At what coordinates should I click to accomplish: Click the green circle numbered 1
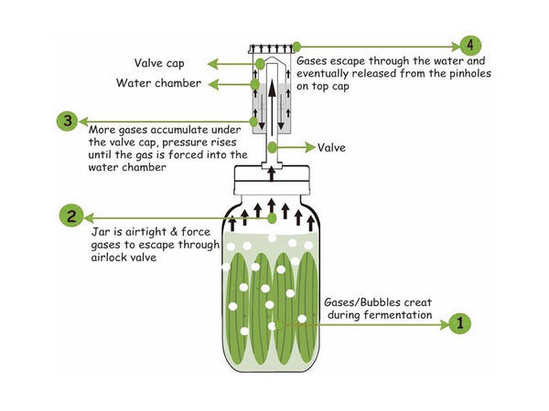pyautogui.click(x=460, y=322)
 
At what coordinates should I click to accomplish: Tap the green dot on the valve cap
pyautogui.click(x=260, y=63)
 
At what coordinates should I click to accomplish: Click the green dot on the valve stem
pyautogui.click(x=272, y=147)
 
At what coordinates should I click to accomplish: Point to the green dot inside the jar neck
pyautogui.click(x=272, y=217)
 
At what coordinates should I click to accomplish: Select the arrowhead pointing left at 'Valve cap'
pyautogui.click(x=210, y=63)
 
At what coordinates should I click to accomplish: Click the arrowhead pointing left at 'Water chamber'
pyautogui.click(x=210, y=84)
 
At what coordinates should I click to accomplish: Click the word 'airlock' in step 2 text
pyautogui.click(x=110, y=258)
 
